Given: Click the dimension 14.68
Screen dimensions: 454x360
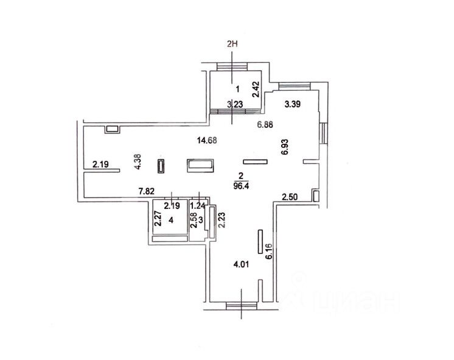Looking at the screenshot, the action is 207,141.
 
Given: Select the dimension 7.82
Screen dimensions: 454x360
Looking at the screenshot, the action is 146,192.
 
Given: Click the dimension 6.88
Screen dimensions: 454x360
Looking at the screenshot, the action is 266,124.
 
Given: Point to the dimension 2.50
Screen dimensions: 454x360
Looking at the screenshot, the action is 290,196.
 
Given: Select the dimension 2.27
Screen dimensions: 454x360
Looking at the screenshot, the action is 156,218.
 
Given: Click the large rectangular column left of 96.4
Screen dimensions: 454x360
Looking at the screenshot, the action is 200,165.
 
